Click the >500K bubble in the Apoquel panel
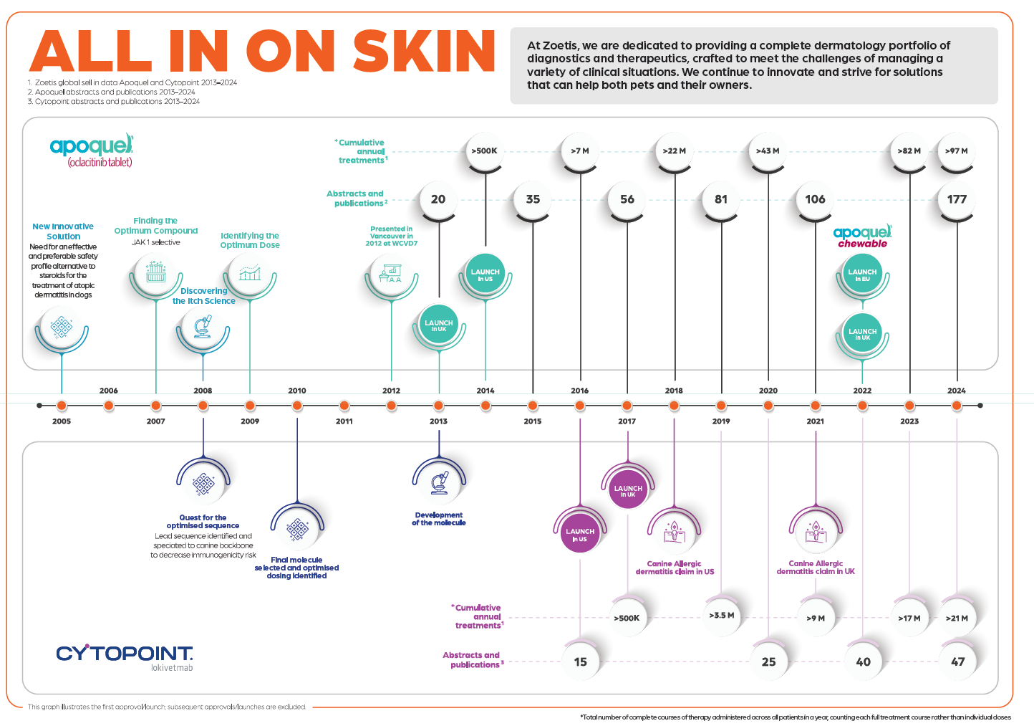pyautogui.click(x=485, y=151)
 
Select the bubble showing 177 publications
pyautogui.click(x=957, y=199)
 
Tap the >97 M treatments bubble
pyautogui.click(x=957, y=151)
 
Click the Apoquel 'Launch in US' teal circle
pyautogui.click(x=485, y=274)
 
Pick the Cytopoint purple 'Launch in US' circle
pyautogui.click(x=580, y=533)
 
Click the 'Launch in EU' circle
pyautogui.click(x=862, y=274)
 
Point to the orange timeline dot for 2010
pyautogui.click(x=297, y=406)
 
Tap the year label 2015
pyautogui.click(x=533, y=421)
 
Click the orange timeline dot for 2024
pyautogui.click(x=957, y=406)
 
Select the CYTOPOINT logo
pyautogui.click(x=125, y=658)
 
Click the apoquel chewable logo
pyautogui.click(x=862, y=237)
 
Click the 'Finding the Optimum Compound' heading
pyautogui.click(x=156, y=226)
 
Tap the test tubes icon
pyautogui.click(x=156, y=272)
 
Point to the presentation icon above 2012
pyautogui.click(x=390, y=273)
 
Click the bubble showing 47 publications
pyautogui.click(x=957, y=661)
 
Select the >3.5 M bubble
pyautogui.click(x=722, y=616)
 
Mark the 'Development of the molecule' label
pyautogui.click(x=438, y=518)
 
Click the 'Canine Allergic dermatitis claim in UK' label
pyautogui.click(x=816, y=568)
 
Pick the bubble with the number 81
pyautogui.click(x=721, y=199)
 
